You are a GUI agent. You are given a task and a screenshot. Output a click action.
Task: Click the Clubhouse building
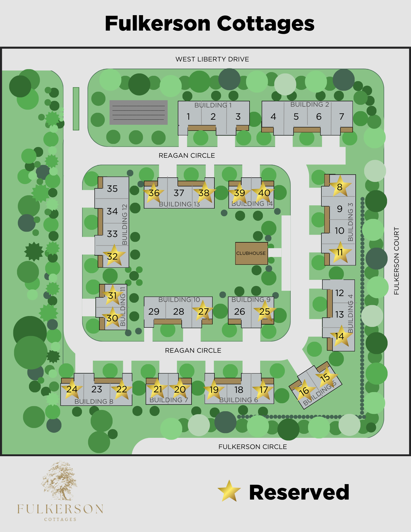251,253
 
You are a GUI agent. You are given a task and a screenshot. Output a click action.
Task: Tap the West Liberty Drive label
212,59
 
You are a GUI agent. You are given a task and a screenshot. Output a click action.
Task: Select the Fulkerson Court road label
396,261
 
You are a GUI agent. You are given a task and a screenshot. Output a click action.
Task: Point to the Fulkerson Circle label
252,447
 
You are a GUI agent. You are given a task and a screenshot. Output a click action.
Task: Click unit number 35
112,189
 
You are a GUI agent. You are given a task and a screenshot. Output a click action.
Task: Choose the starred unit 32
113,256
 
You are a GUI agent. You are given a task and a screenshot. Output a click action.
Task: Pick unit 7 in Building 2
342,117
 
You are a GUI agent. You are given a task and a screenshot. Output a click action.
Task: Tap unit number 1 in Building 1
188,117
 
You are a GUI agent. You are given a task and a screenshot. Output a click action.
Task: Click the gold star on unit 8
340,187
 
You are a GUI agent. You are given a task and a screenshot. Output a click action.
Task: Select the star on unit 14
340,336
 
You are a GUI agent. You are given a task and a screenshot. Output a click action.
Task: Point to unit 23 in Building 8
97,389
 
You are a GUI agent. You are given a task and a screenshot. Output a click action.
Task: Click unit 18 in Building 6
239,390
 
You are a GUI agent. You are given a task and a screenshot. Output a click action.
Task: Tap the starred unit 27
203,311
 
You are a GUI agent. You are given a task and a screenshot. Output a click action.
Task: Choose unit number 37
179,193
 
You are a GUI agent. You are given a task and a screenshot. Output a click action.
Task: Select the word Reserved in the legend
299,493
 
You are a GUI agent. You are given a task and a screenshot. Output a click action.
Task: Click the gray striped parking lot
139,113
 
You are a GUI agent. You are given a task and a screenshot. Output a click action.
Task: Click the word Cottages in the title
265,24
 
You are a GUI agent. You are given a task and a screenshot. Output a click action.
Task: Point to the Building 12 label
124,225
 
